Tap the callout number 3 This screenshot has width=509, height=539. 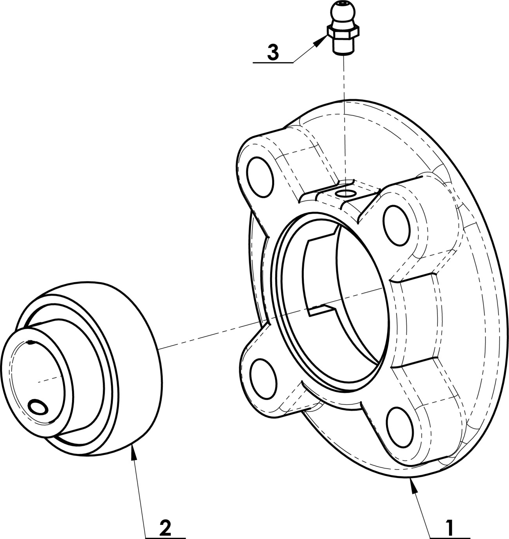[x=273, y=53]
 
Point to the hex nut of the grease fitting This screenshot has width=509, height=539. [x=343, y=32]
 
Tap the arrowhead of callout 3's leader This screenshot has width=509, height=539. [x=321, y=42]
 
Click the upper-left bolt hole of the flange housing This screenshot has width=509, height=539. [x=260, y=177]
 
